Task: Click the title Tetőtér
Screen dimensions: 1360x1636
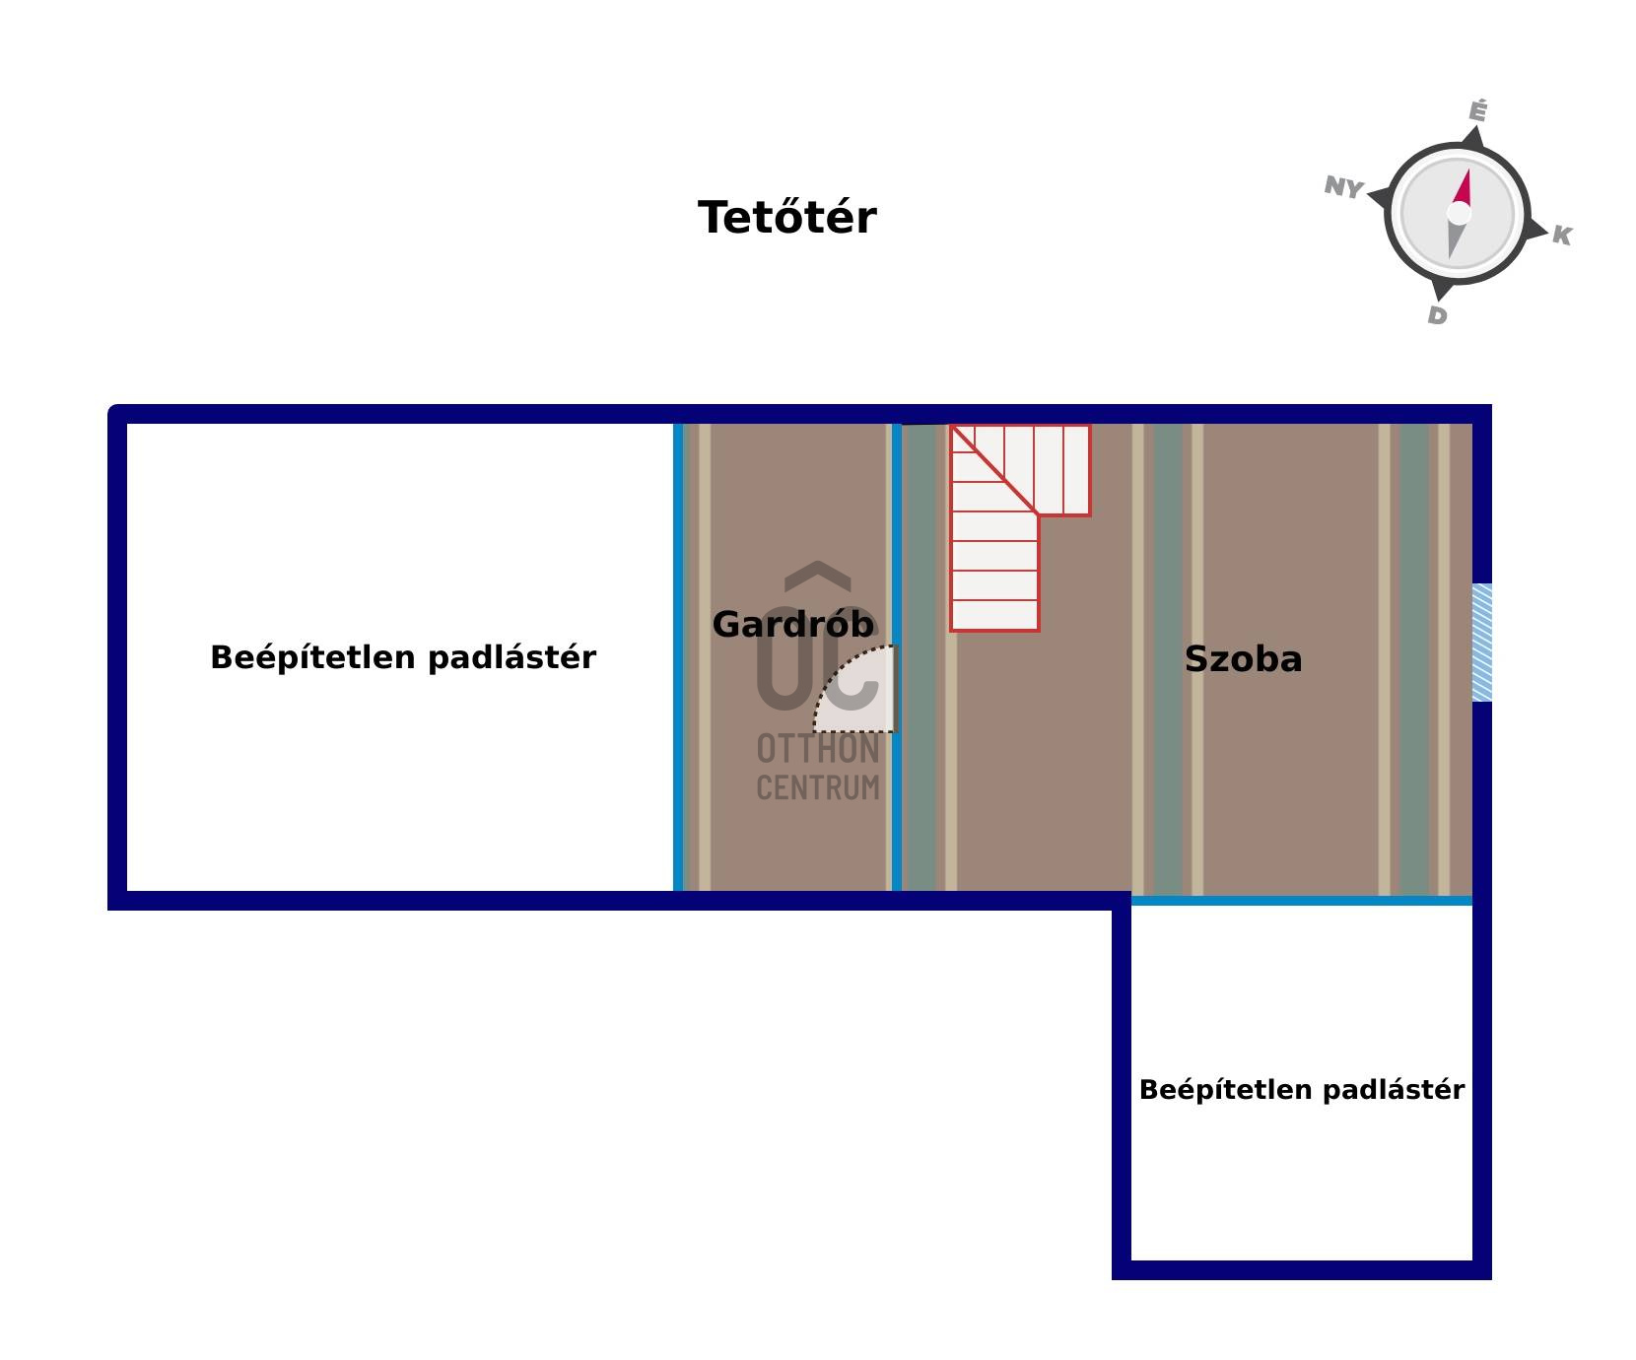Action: click(x=786, y=218)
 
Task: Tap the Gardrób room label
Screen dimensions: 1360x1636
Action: click(x=792, y=624)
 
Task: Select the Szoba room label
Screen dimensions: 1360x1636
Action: click(x=1243, y=658)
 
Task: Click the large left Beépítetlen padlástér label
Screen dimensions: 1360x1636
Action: click(x=403, y=657)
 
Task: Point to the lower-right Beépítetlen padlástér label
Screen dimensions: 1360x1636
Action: click(x=1301, y=1089)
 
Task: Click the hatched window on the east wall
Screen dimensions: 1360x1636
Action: click(x=1481, y=643)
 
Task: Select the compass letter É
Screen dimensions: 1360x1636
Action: click(x=1476, y=111)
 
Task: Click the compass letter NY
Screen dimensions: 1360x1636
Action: click(x=1342, y=186)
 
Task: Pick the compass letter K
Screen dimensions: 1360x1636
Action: click(x=1561, y=236)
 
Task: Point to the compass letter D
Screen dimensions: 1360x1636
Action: click(x=1437, y=315)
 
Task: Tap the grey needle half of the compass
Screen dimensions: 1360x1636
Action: click(x=1454, y=239)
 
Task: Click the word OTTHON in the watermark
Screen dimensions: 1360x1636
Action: click(x=817, y=750)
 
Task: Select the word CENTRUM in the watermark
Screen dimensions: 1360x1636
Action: click(x=817, y=788)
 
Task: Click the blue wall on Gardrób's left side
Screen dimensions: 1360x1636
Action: click(x=678, y=657)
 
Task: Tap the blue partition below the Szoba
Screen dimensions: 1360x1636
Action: click(x=1301, y=900)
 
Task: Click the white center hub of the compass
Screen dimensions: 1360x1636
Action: click(x=1459, y=214)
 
